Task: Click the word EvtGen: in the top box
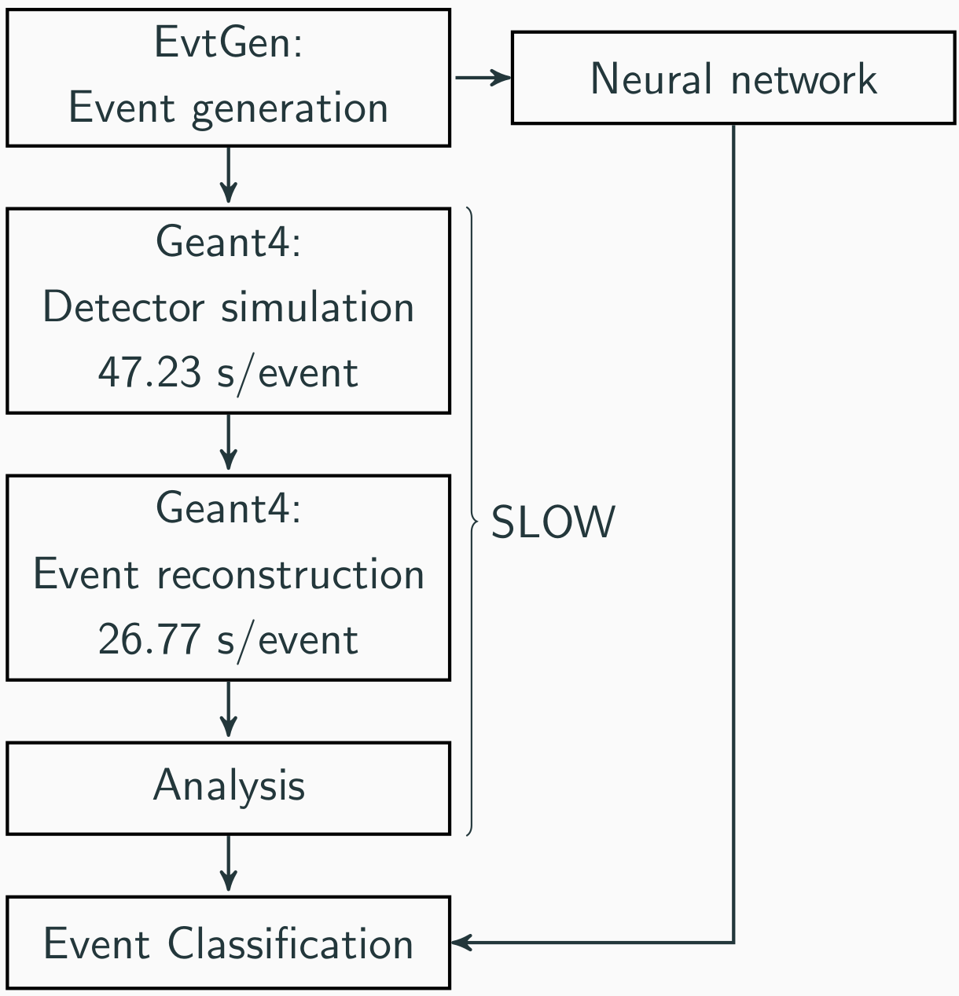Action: pos(229,42)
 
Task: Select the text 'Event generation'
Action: pos(229,109)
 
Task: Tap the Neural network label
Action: pos(733,79)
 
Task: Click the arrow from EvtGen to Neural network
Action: pos(483,78)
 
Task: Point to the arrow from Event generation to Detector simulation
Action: pos(229,175)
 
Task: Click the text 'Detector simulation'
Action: pos(229,306)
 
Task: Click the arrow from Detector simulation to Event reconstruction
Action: pos(229,441)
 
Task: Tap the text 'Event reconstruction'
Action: pos(229,574)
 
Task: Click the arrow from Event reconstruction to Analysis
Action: pos(229,709)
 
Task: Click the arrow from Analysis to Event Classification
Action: pos(229,863)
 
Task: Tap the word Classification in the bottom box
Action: pos(291,943)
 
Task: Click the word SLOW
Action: pos(553,522)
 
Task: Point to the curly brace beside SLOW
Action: pos(472,522)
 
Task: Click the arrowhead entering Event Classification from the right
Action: pos(461,943)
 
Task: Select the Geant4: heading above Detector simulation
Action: pos(229,242)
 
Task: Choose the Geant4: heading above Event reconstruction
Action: pos(229,508)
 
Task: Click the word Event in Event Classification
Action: pos(97,943)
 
